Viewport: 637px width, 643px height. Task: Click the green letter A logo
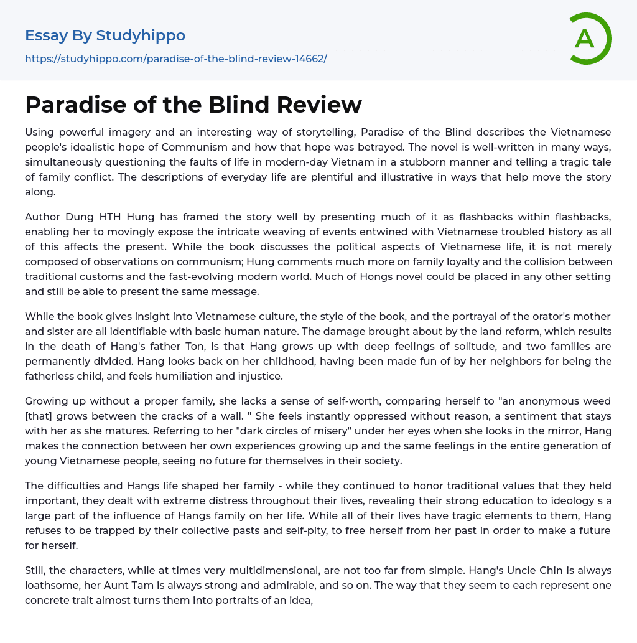coord(590,39)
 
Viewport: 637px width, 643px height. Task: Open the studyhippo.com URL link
coord(176,59)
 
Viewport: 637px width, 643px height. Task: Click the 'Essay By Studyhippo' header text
coord(105,35)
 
